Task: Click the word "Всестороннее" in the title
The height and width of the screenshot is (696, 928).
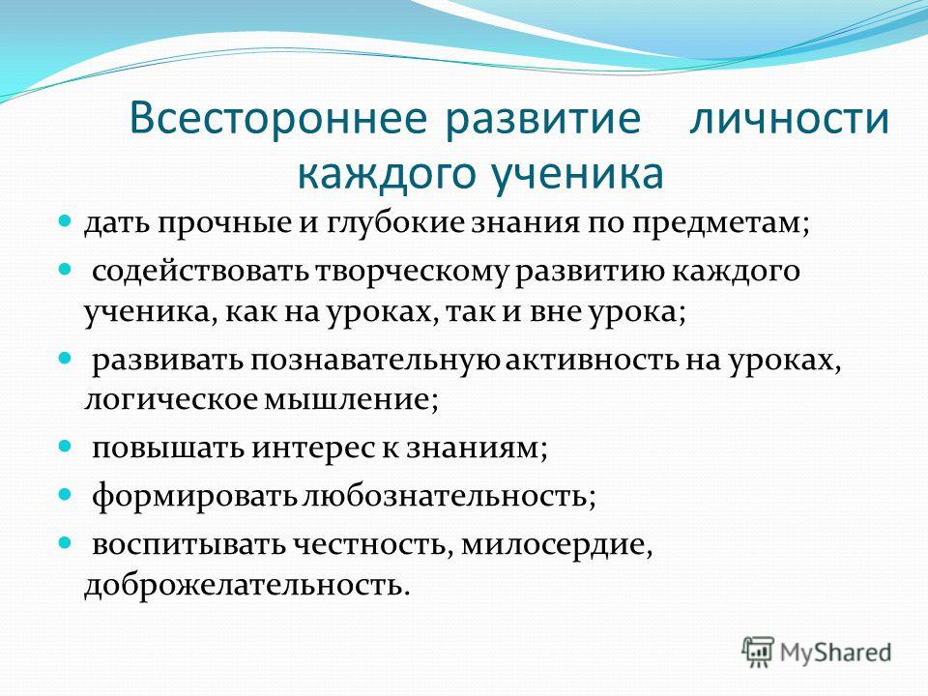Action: click(277, 118)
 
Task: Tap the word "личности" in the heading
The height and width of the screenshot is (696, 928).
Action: click(789, 118)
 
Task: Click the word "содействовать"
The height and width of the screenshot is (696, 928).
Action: click(201, 272)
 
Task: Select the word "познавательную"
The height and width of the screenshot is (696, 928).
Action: click(375, 361)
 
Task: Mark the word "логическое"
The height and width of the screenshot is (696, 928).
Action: click(172, 400)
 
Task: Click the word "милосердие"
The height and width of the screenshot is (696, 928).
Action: click(553, 545)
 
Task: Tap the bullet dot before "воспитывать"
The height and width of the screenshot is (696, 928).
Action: click(65, 542)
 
